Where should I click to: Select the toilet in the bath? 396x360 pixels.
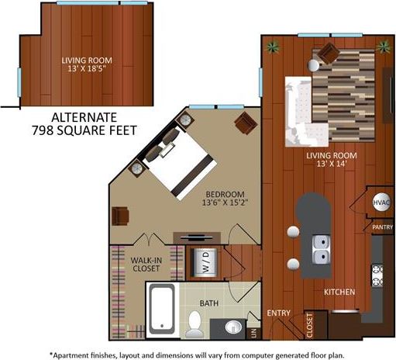click(195, 321)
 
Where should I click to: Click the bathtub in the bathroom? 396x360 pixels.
click(162, 309)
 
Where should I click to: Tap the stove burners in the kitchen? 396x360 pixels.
click(379, 275)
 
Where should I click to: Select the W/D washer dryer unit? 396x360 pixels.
click(197, 261)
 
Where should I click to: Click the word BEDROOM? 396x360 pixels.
click(225, 194)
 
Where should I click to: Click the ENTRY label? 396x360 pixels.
click(278, 313)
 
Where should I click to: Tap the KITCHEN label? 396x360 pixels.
click(339, 292)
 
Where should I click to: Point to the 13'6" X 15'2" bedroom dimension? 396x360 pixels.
click(225, 206)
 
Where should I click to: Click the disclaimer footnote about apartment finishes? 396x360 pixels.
click(198, 353)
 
